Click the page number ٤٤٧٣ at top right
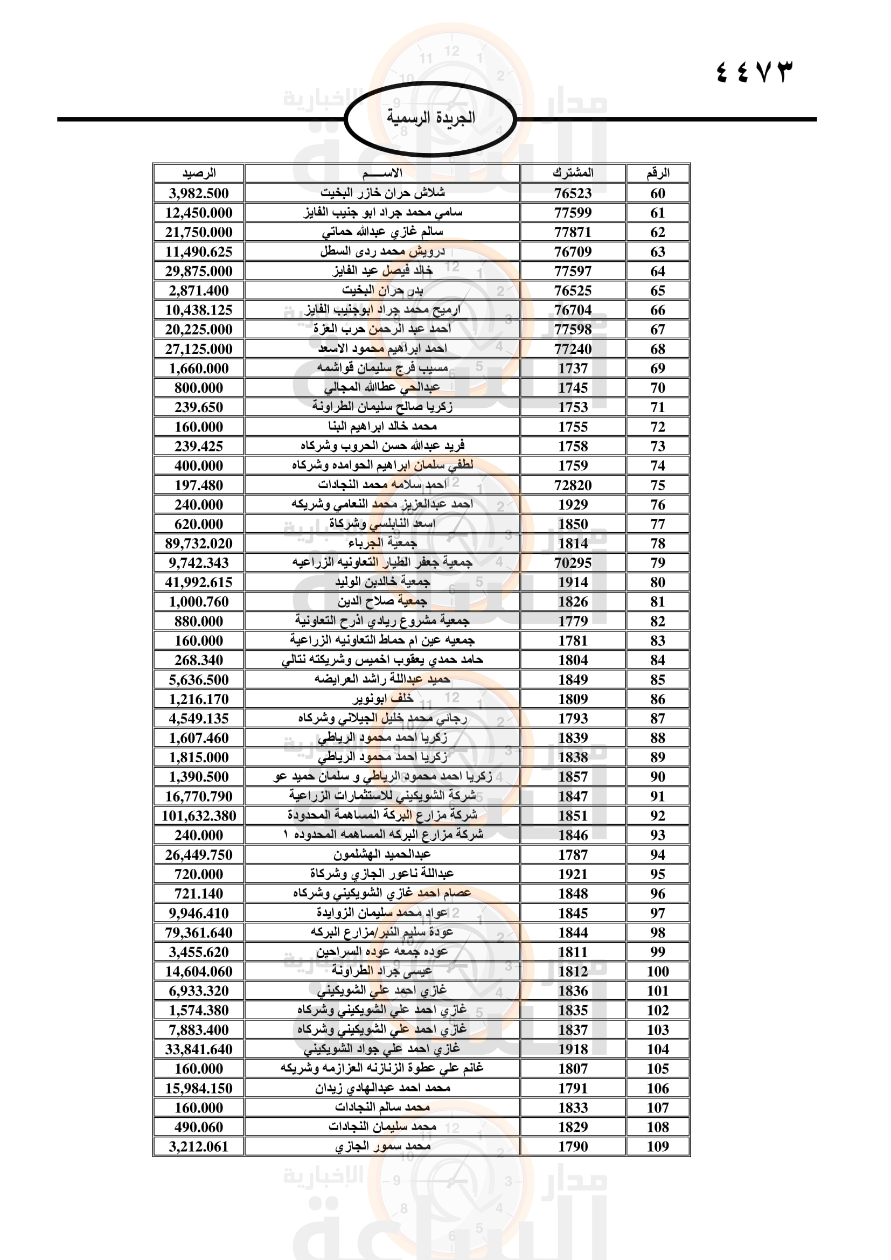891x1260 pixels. coord(754,72)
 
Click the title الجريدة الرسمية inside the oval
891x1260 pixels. coord(431,118)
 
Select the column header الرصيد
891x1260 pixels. coord(199,173)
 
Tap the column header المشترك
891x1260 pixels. coord(573,173)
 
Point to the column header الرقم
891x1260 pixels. coord(657,173)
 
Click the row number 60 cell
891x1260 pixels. coord(657,193)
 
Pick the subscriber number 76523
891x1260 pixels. coord(573,193)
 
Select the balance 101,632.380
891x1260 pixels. coord(199,816)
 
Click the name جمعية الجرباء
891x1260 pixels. coord(382,544)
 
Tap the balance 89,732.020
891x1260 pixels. coord(199,544)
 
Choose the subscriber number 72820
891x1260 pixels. coord(573,485)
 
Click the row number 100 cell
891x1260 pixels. coord(657,971)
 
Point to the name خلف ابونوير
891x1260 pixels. coord(382,699)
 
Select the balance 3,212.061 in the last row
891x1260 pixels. coord(199,1146)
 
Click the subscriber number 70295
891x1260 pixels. coord(573,562)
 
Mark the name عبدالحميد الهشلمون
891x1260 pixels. coord(382,854)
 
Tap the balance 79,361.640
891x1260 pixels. coord(199,932)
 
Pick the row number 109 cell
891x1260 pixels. coord(657,1146)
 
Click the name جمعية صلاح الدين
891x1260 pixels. coord(382,602)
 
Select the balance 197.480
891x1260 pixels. coord(199,485)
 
